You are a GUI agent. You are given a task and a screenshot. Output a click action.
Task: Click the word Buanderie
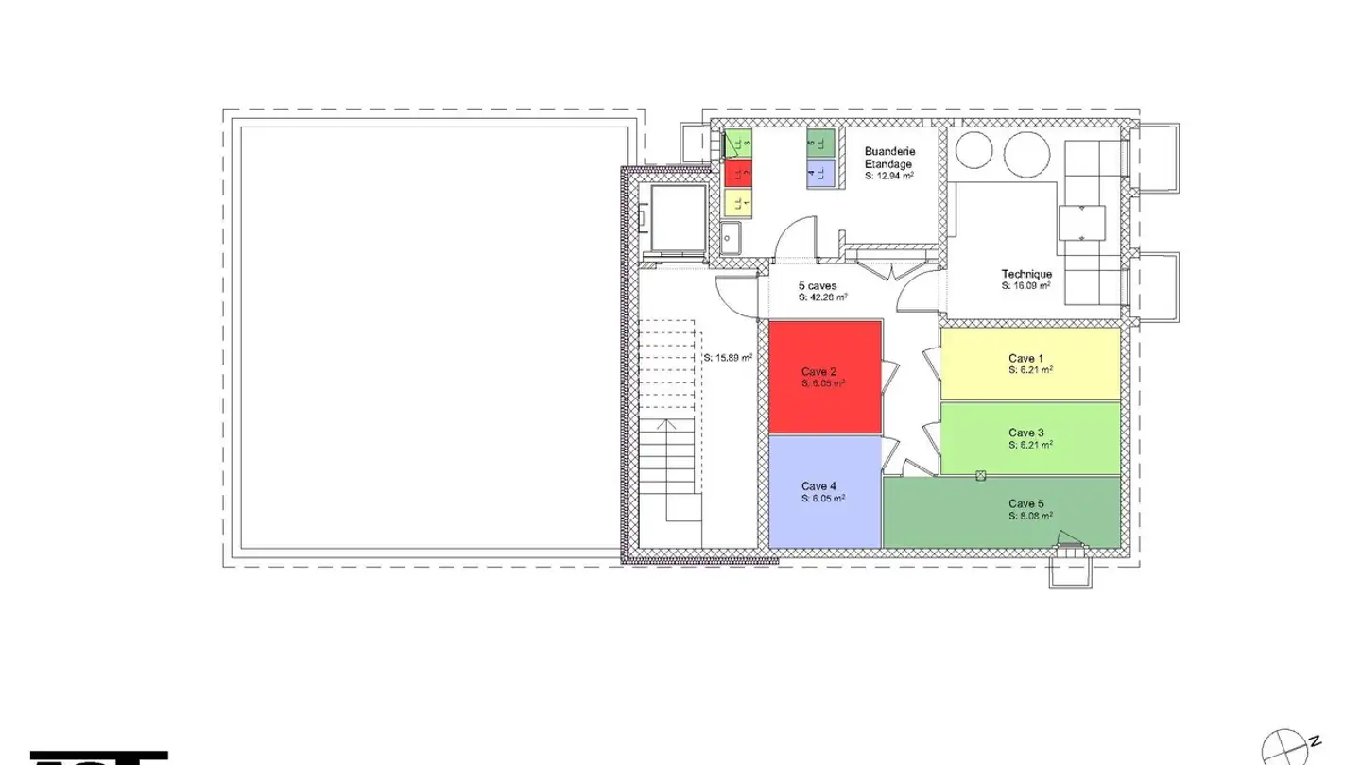coord(889,151)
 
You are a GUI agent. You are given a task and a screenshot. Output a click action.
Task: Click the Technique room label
coord(1026,274)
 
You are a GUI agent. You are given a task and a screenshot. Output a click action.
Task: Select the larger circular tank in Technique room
coord(1027,154)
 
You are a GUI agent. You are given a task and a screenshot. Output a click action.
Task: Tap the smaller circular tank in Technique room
coord(973,151)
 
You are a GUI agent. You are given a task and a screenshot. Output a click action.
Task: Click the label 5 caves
coord(817,285)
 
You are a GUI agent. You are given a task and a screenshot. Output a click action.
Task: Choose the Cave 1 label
coord(1026,358)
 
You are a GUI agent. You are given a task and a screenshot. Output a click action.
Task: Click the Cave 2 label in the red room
coord(818,372)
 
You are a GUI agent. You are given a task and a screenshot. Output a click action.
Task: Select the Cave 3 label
coord(1026,433)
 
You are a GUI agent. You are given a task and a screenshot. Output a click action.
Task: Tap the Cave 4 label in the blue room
coord(818,485)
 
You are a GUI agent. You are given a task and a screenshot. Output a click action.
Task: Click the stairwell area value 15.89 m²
coord(728,358)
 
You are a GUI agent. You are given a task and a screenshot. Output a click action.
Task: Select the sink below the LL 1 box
coord(732,238)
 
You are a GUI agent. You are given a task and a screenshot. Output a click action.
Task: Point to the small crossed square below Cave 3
coord(981,475)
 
